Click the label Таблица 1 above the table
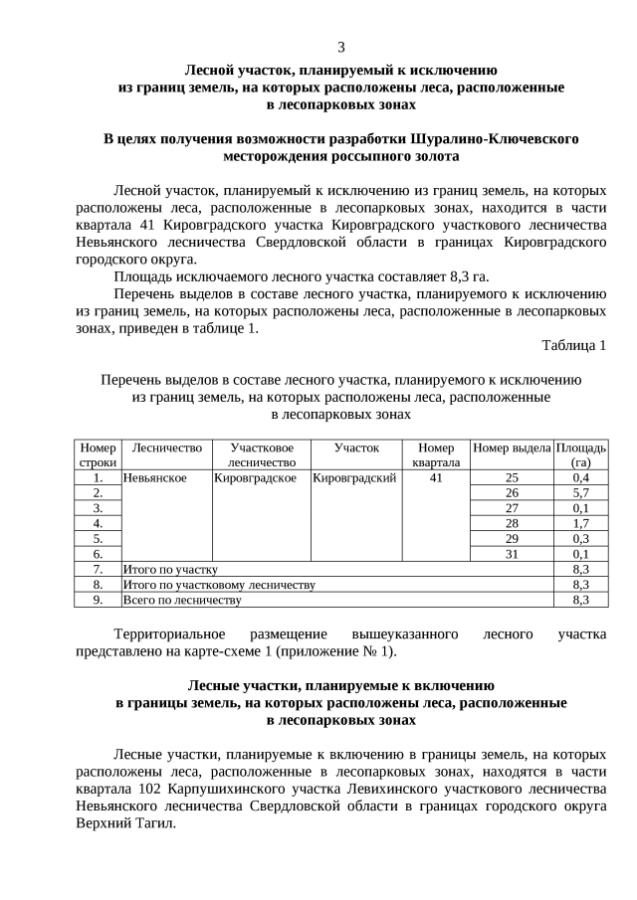(573, 345)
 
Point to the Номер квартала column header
(435, 454)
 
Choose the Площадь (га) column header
(581, 454)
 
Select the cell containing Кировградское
(256, 477)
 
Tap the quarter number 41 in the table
(435, 477)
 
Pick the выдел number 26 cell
(512, 492)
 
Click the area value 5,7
(581, 492)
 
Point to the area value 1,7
(581, 522)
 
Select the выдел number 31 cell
(512, 553)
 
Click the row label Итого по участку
(169, 569)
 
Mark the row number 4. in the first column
(98, 522)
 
